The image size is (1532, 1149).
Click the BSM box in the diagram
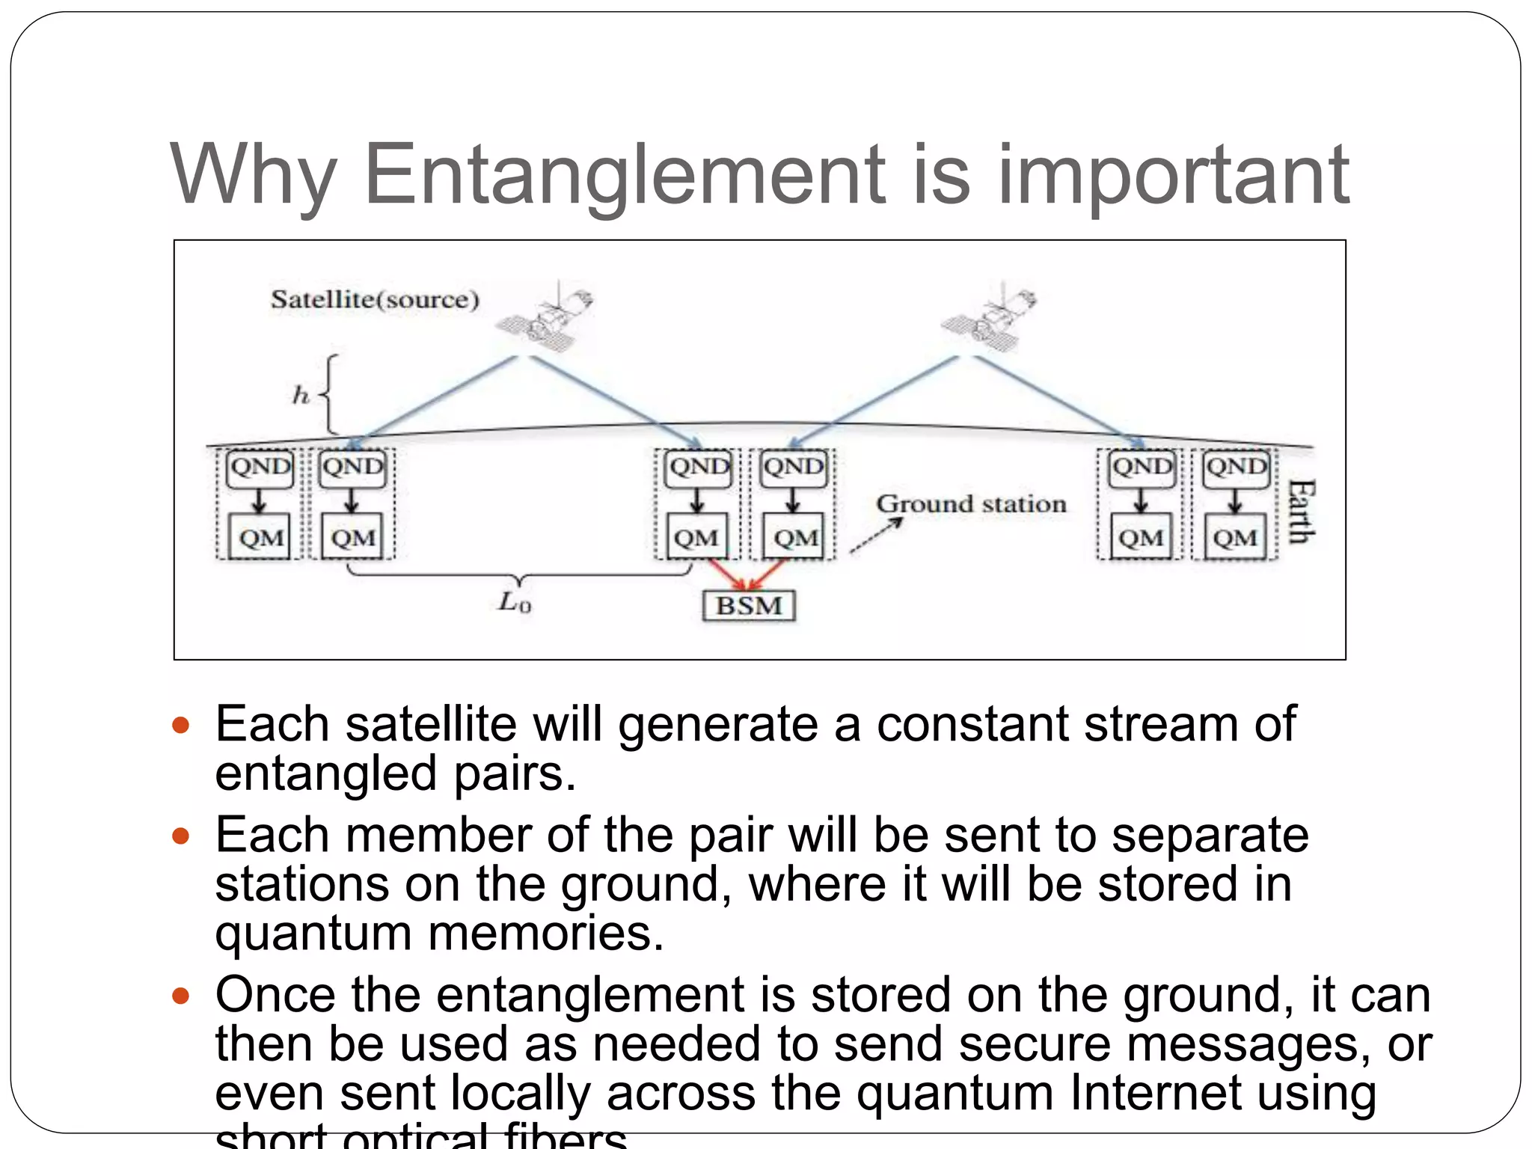tap(749, 605)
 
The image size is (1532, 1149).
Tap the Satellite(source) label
tap(375, 300)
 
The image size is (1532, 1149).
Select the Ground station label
tap(971, 504)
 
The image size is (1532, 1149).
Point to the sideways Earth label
tap(1300, 512)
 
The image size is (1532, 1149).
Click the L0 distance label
tap(515, 601)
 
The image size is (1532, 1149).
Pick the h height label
tap(301, 395)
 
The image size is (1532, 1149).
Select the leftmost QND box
tap(260, 468)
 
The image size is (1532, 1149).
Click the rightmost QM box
tap(1235, 537)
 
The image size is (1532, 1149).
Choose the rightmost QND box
tap(1237, 468)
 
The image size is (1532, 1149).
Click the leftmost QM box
tap(261, 537)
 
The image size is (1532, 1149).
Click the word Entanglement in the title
tap(625, 175)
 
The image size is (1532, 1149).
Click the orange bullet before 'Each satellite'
tap(181, 724)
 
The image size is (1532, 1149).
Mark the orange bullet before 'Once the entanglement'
tap(181, 995)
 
